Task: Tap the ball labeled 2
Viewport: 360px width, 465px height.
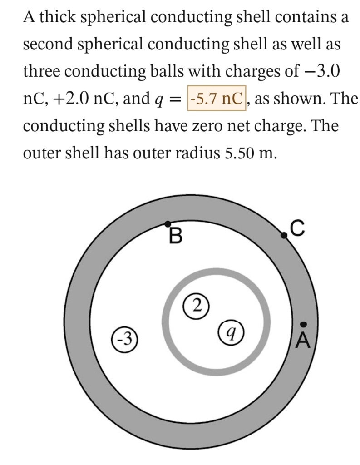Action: (195, 304)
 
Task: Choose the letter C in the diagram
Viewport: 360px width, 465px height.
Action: (296, 226)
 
